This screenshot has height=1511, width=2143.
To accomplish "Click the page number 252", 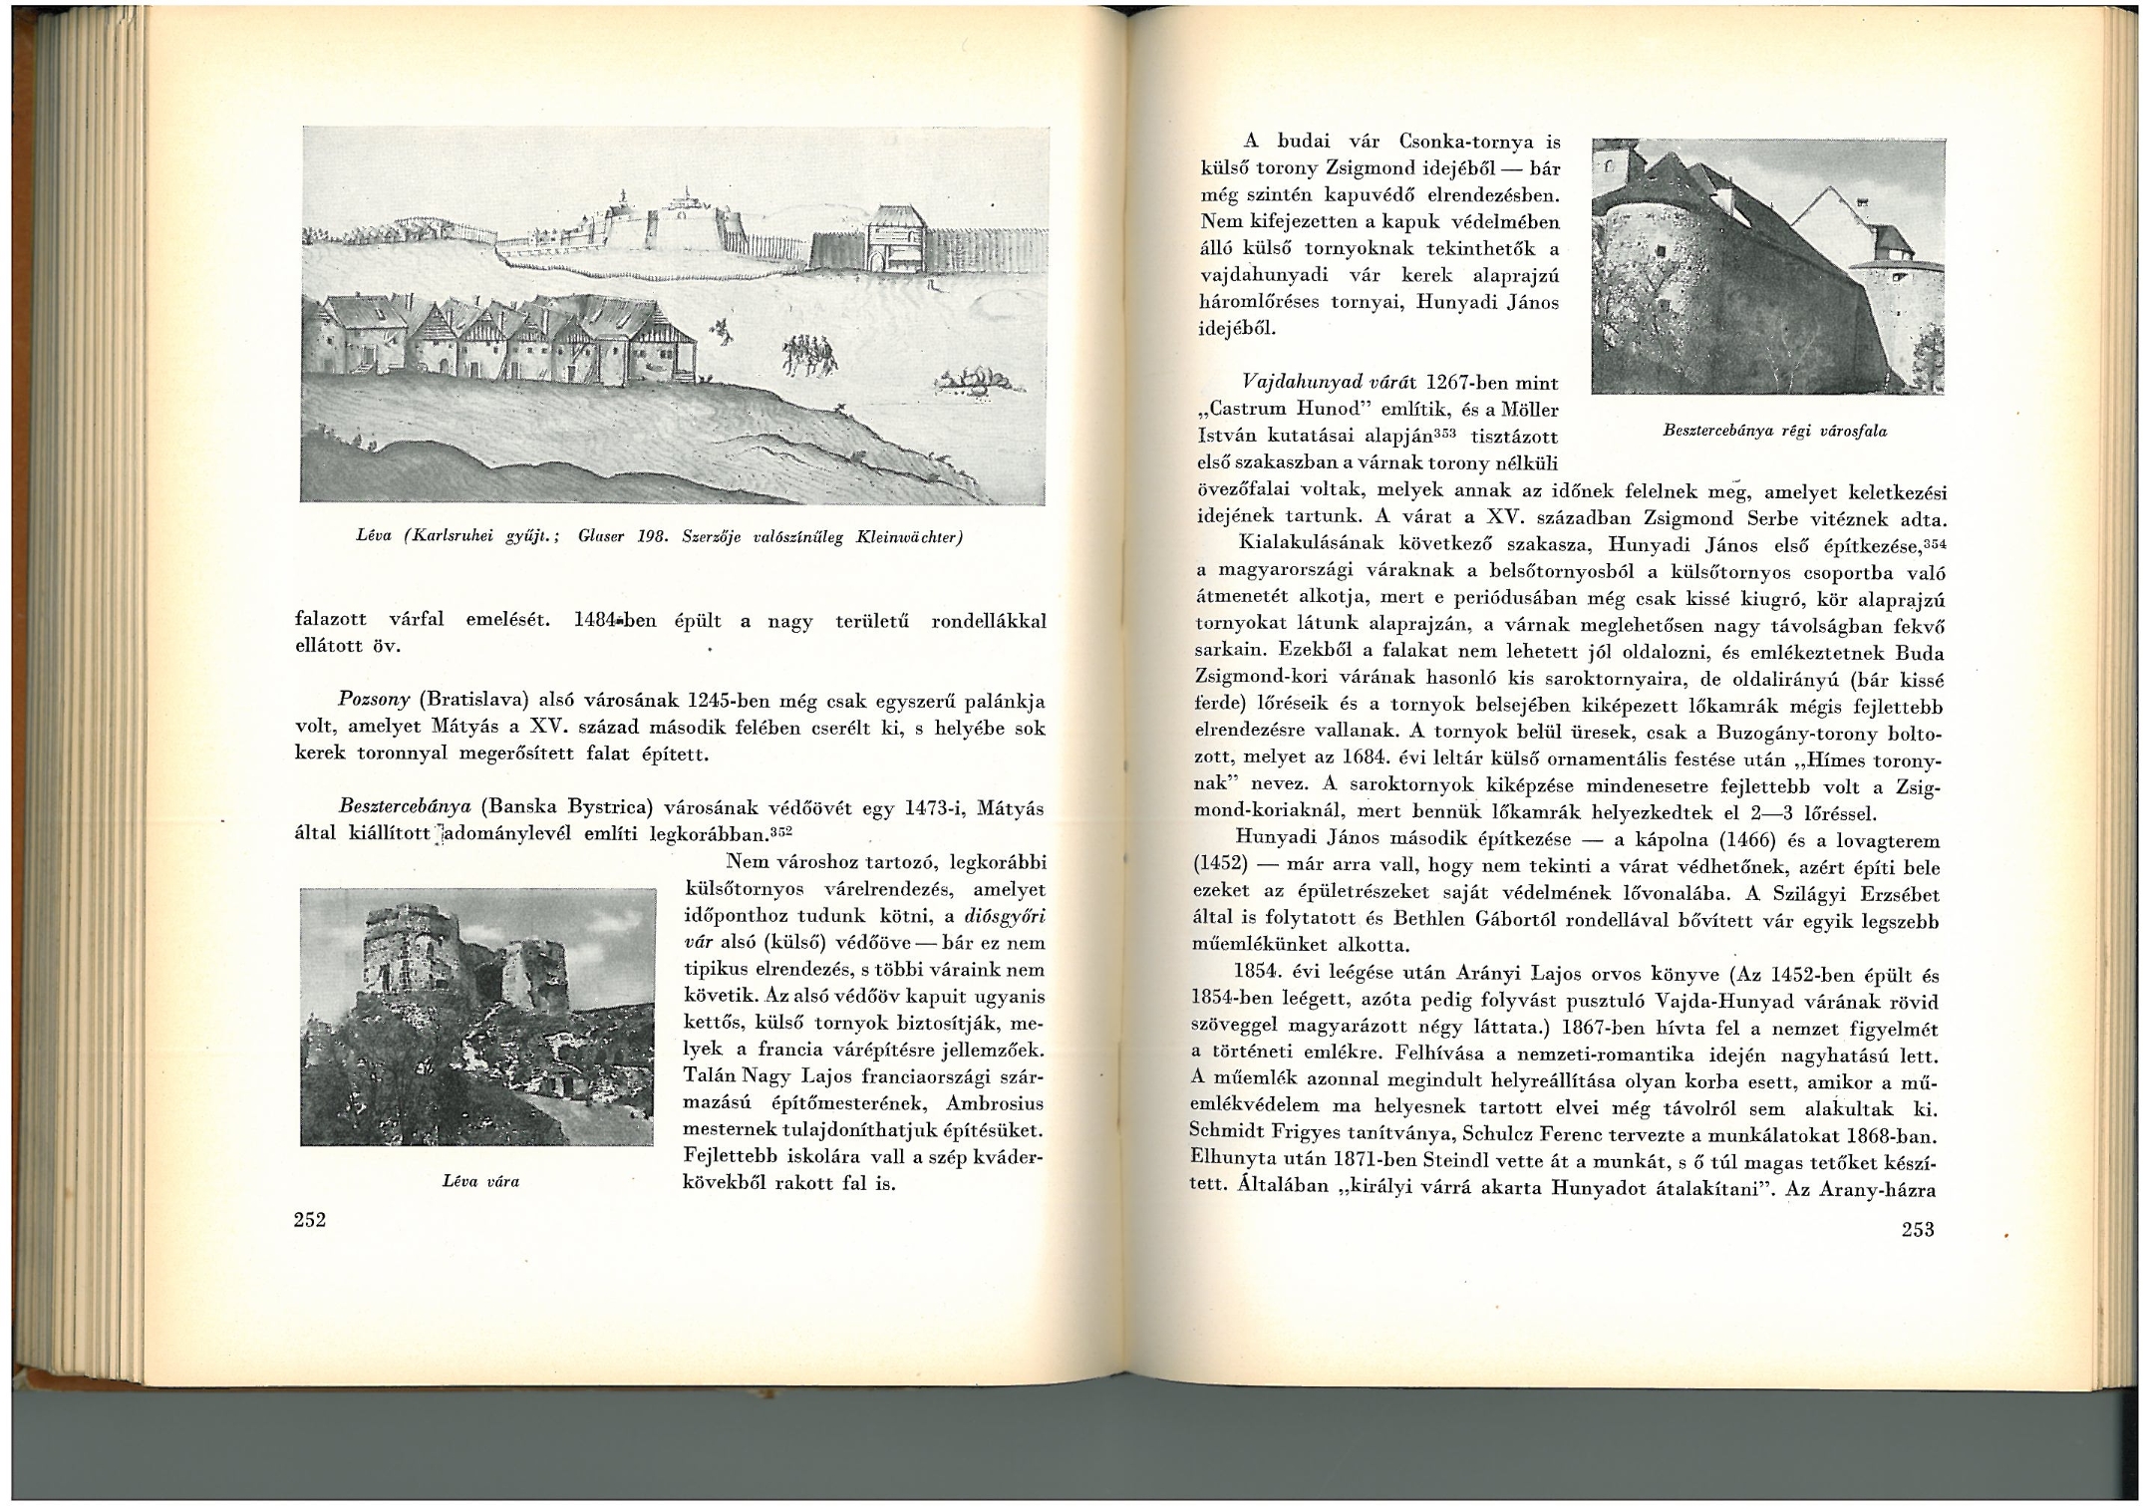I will (310, 1220).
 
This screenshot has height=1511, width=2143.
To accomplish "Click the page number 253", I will (1917, 1229).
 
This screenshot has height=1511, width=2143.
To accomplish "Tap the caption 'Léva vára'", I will (480, 1182).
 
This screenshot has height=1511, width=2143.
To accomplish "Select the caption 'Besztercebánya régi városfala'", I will (1774, 432).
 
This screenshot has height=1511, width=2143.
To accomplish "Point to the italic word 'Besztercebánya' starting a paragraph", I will (404, 806).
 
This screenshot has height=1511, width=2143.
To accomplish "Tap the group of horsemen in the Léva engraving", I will (805, 353).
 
